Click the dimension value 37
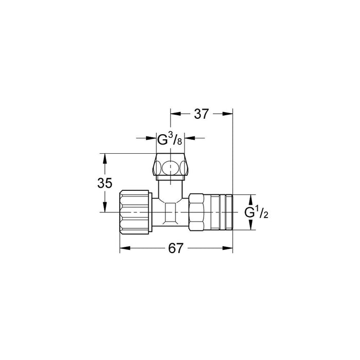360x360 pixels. coord(202,114)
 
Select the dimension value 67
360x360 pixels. coord(176,248)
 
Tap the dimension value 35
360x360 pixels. coord(105,183)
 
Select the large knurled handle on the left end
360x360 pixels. coord(135,212)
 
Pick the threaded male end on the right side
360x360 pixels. coord(222,212)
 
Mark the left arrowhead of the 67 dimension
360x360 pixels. coord(124,248)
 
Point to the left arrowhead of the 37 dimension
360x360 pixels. coord(174,114)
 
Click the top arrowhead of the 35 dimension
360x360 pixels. coord(105,157)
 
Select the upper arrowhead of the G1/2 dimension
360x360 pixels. coord(250,198)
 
